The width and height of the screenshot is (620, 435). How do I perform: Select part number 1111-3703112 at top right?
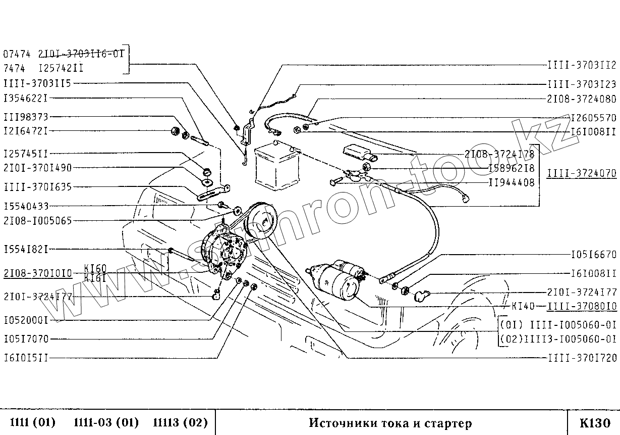tap(582, 65)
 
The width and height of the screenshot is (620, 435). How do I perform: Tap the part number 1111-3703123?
tap(582, 84)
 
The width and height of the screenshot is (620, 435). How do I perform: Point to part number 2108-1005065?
tap(37, 220)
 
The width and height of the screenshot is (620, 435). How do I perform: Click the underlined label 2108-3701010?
tap(37, 273)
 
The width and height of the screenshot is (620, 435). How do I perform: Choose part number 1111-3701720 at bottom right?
tap(582, 358)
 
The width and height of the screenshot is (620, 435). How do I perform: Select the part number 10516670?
tap(593, 255)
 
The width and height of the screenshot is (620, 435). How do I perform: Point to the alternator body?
tap(224, 253)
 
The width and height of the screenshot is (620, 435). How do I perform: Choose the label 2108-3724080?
tap(582, 99)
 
